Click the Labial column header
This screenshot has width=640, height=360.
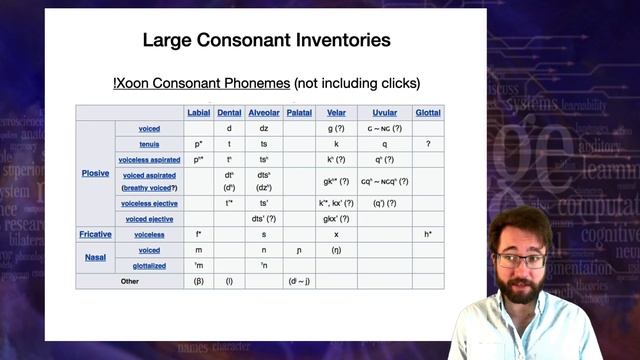pos(199,113)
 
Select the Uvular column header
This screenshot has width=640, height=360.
pos(385,113)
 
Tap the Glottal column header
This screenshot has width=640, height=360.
pos(427,113)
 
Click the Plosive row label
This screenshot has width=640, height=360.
pos(96,173)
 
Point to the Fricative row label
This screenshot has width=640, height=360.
pos(96,234)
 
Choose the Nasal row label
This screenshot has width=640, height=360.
pos(96,257)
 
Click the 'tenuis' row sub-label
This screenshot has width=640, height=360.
pos(150,144)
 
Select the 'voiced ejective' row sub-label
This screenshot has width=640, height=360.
pos(150,218)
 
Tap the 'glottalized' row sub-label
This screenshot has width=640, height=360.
pos(150,265)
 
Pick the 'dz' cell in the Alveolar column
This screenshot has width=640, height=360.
pos(264,129)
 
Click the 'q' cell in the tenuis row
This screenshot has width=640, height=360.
pos(385,144)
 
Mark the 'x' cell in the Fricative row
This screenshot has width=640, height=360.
pos(336,234)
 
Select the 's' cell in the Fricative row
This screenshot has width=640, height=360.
pos(264,234)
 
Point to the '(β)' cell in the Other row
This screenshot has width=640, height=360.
pos(199,281)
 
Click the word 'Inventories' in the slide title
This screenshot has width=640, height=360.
pos(336,41)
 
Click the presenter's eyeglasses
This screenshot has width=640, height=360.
pos(520,260)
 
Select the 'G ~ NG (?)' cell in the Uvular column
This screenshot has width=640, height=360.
pos(385,129)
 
